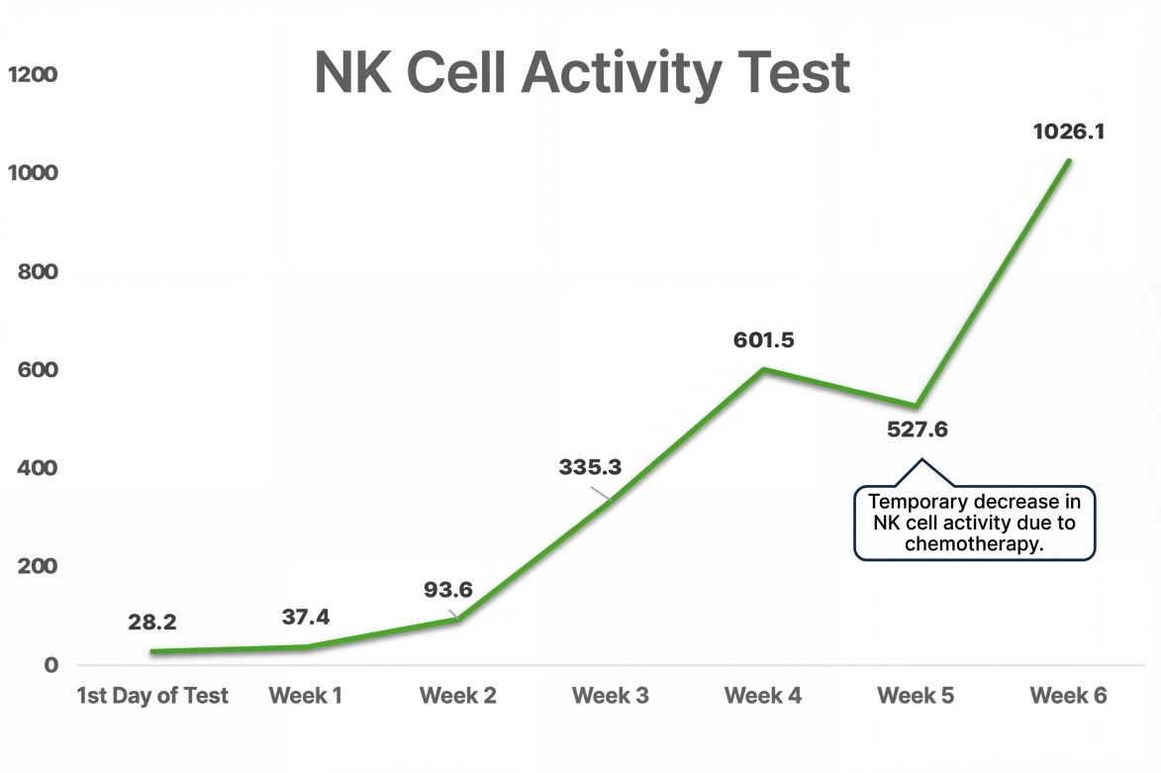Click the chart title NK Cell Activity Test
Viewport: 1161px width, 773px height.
(x=582, y=71)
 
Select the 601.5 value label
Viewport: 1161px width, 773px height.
(x=763, y=340)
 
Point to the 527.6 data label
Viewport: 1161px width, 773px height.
(x=918, y=432)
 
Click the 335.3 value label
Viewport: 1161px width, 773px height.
(x=590, y=467)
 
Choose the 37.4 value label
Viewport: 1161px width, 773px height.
(x=305, y=618)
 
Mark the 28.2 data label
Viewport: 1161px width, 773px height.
(x=151, y=623)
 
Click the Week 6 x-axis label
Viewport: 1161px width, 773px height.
(x=1068, y=696)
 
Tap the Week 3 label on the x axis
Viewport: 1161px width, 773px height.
(x=611, y=696)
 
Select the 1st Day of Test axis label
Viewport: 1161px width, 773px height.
(x=152, y=696)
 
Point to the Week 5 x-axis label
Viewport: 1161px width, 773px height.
(x=916, y=696)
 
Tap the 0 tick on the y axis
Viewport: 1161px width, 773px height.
(x=49, y=665)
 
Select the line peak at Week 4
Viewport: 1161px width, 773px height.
(x=764, y=370)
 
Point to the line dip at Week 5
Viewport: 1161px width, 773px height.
(x=917, y=406)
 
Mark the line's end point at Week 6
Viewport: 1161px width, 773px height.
(x=1069, y=160)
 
